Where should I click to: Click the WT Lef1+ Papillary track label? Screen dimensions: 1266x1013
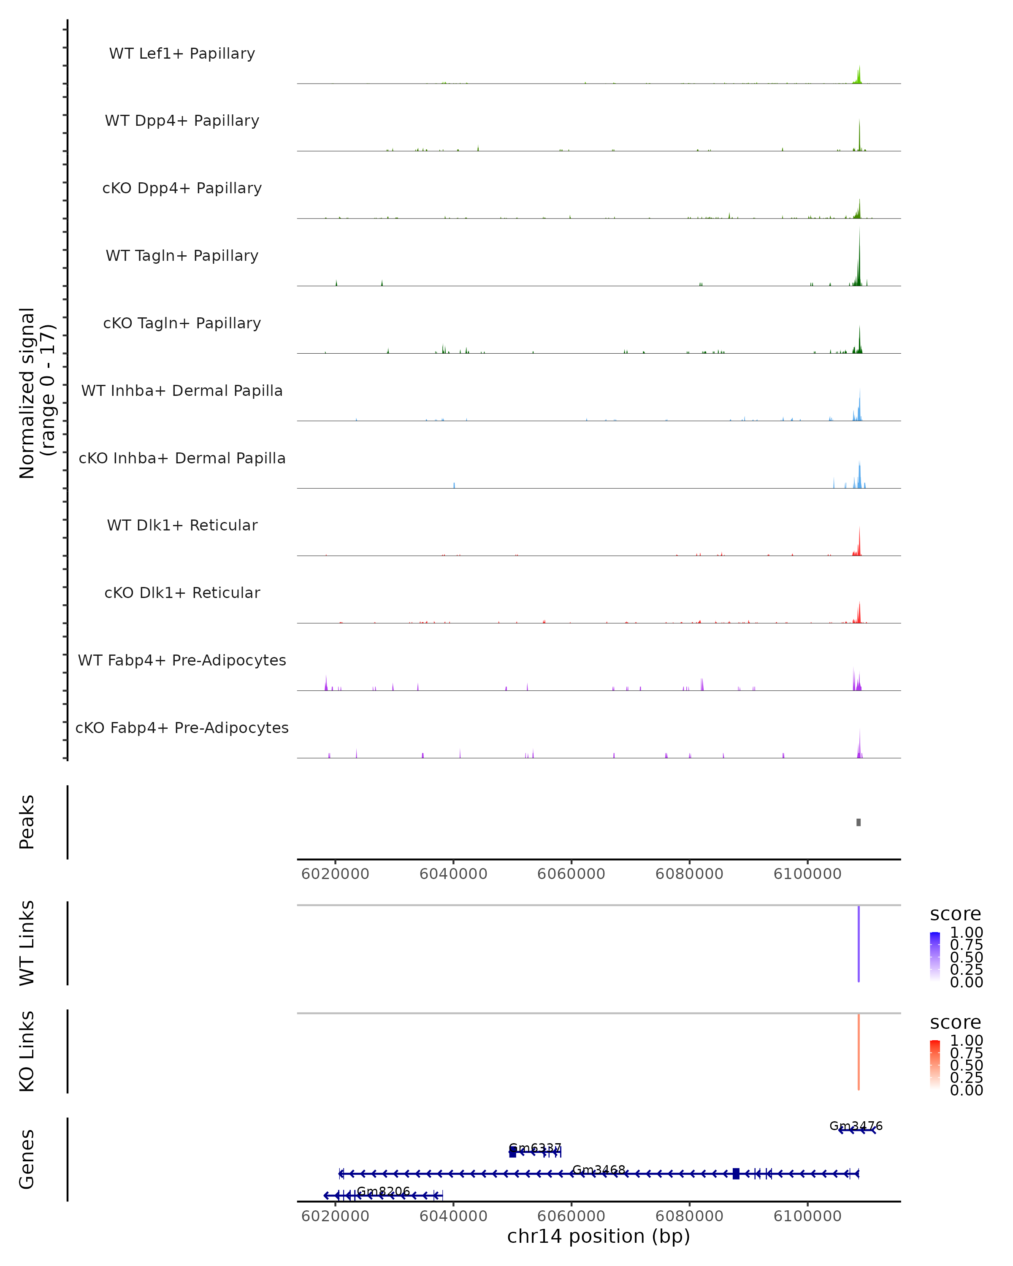[182, 54]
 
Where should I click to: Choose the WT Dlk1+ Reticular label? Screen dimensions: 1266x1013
[182, 525]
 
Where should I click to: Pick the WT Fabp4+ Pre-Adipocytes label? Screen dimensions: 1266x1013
[182, 660]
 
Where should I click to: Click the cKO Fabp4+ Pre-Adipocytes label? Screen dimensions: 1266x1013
[182, 728]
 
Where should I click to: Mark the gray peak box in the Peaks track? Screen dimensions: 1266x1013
[859, 822]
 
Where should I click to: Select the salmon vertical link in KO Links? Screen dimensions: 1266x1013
[859, 1052]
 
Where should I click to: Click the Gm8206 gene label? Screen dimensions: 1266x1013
[383, 1191]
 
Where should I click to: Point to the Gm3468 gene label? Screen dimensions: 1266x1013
[599, 1170]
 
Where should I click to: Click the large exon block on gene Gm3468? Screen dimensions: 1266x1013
[736, 1174]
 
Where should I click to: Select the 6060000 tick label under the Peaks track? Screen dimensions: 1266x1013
[572, 874]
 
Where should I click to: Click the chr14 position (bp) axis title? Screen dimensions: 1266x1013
[599, 1236]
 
